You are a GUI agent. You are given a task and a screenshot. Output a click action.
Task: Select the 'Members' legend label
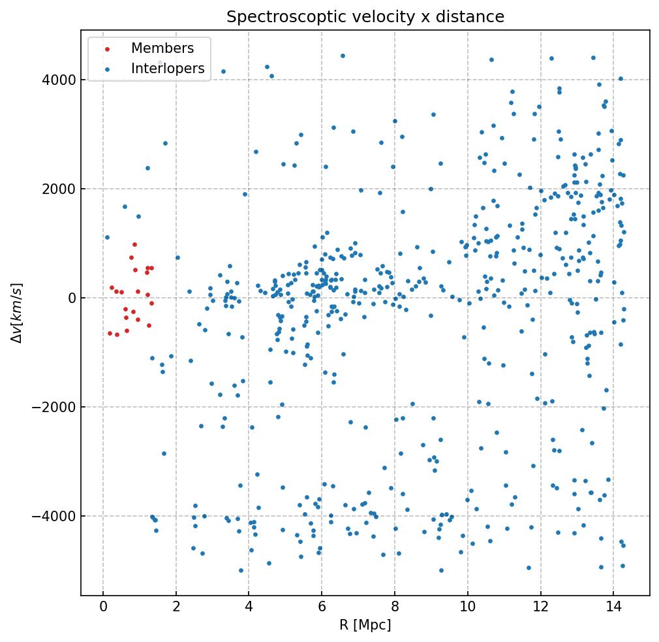click(x=162, y=48)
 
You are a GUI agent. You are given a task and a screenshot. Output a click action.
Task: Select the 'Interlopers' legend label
click(x=168, y=69)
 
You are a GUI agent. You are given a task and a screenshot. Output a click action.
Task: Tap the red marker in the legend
click(x=108, y=49)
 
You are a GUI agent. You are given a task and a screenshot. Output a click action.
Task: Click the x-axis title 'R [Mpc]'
click(x=365, y=625)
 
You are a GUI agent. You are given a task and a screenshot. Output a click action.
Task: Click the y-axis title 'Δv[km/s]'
click(x=19, y=313)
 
